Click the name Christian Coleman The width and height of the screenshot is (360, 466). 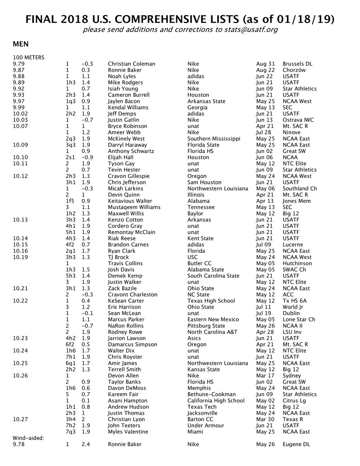click(x=131, y=64)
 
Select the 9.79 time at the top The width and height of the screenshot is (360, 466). click(x=18, y=64)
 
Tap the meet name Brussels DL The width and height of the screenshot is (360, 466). click(x=297, y=64)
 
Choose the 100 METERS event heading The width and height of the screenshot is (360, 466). click(x=28, y=58)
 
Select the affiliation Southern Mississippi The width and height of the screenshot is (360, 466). click(x=214, y=139)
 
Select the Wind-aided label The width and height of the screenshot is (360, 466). click(x=28, y=438)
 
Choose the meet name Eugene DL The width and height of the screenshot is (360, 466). click(x=296, y=444)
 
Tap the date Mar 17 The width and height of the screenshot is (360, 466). click(x=264, y=376)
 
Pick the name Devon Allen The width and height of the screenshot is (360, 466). click(x=123, y=376)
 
